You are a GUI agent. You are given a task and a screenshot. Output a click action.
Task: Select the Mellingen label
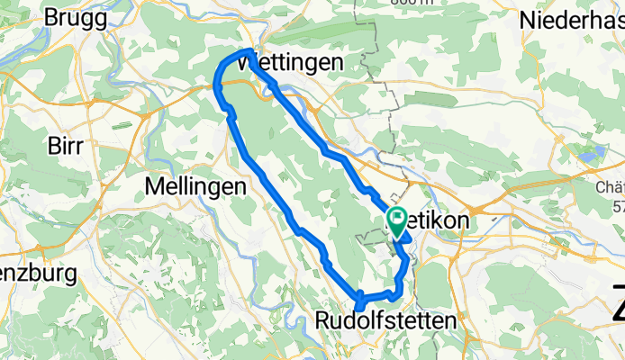195,186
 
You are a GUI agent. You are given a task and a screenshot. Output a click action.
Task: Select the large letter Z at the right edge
618,301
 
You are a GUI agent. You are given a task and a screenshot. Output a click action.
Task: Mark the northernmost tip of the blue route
249,50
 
